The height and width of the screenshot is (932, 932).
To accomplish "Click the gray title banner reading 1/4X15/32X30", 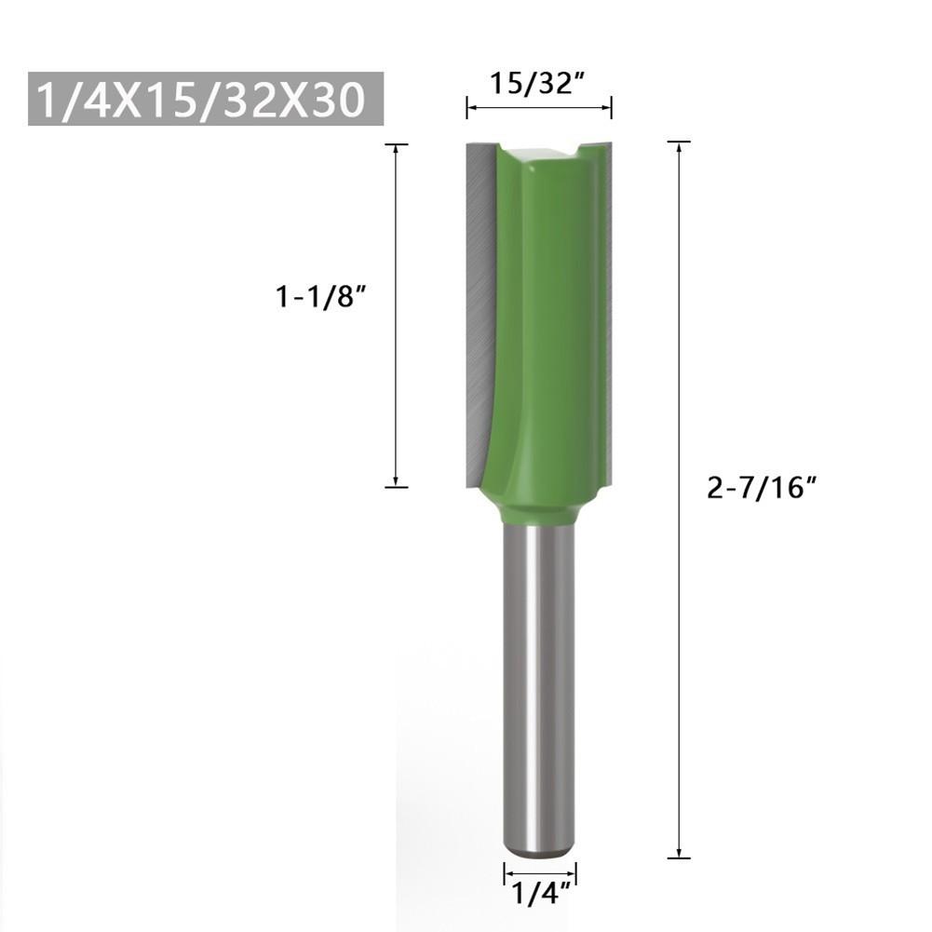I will point(206,99).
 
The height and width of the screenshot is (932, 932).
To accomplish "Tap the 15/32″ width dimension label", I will point(537,85).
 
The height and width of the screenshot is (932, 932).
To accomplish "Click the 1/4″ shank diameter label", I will point(539,895).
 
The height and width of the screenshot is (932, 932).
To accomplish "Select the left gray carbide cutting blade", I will point(478,307).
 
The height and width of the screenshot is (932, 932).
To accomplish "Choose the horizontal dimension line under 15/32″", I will point(538,109).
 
